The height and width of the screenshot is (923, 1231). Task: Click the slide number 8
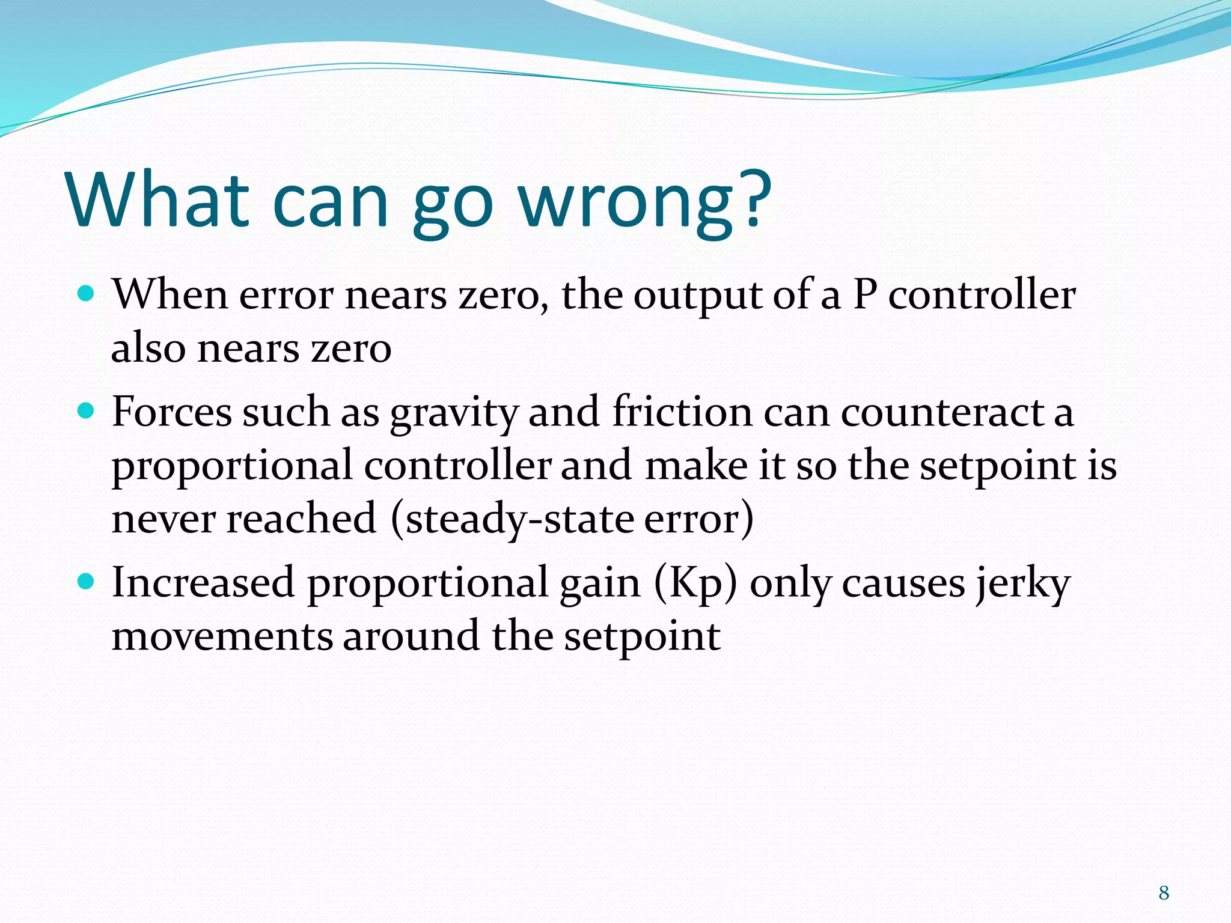(1164, 893)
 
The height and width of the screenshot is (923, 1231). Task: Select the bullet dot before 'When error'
(87, 294)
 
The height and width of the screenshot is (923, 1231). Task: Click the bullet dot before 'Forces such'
(87, 412)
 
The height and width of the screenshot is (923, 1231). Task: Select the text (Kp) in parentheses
(695, 583)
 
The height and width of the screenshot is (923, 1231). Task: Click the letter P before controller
(865, 295)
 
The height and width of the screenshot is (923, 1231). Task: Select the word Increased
(203, 583)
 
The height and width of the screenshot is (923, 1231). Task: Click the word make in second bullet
(696, 466)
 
